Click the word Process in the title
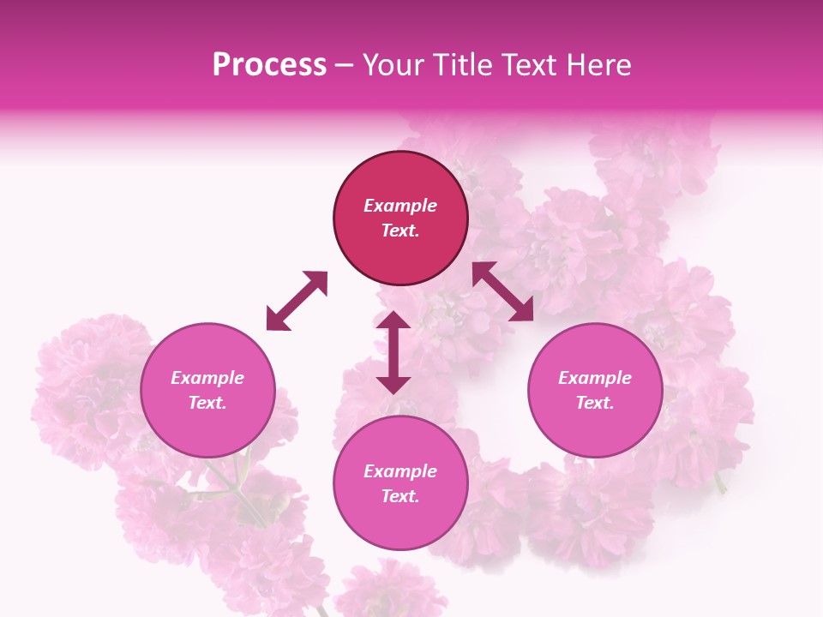pos(269,65)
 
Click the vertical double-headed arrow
pos(393,352)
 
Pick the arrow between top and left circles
pos(297,301)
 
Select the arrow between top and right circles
pos(502,291)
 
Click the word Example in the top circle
pos(400,206)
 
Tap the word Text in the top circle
pos(400,231)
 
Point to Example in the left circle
pos(207,378)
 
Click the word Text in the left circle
pos(207,403)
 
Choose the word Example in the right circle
pos(595,378)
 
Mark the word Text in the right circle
pos(595,403)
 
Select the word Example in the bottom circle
pos(400,471)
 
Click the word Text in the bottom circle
pos(400,496)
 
